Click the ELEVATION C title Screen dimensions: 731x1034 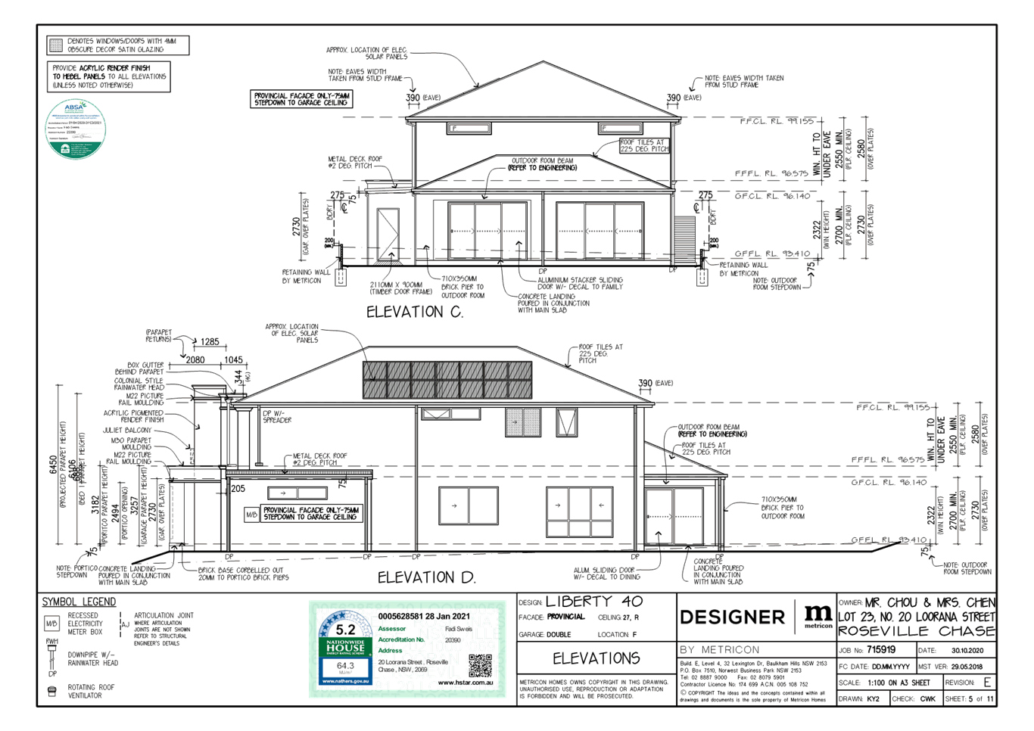pos(415,312)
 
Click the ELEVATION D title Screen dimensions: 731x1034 pos(425,577)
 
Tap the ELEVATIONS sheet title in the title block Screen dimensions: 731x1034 pos(596,658)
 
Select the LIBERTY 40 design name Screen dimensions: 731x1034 pos(593,602)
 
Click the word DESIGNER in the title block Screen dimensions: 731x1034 pos(732,617)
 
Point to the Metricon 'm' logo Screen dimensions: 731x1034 pos(818,614)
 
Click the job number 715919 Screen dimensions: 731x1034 pos(881,649)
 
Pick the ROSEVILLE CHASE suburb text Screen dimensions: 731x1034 pos(916,631)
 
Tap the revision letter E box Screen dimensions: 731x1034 pos(986,682)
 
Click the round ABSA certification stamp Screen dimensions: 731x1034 pos(76,129)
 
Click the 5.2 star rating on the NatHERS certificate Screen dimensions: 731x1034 pos(345,629)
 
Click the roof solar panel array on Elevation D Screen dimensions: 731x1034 pos(447,380)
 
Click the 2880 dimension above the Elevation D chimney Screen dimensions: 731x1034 pos(195,360)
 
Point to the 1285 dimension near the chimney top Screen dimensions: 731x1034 pos(210,342)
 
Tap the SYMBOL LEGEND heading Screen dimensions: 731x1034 pos(79,602)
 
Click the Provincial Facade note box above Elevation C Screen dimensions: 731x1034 pos(302,98)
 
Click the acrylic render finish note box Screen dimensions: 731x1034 pos(109,76)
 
